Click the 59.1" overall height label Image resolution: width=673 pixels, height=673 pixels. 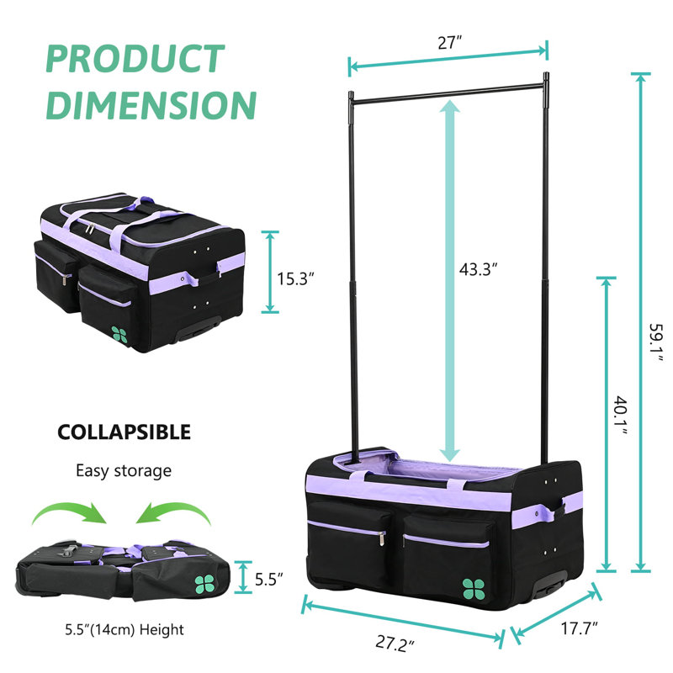pos(656,342)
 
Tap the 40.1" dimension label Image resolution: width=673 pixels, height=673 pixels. pos(621,416)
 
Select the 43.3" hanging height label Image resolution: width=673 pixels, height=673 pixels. pos(478,269)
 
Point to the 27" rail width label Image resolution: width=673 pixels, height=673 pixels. pos(449,43)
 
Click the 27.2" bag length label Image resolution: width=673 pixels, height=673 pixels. pos(395,644)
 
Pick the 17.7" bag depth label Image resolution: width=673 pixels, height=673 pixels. pos(579,628)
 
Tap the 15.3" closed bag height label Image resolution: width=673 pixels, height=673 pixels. pos(295,279)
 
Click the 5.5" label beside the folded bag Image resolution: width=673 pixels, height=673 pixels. pos(268,580)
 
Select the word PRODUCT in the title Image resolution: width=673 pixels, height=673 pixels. pos(135,59)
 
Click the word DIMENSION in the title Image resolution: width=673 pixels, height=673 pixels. pos(151,105)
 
